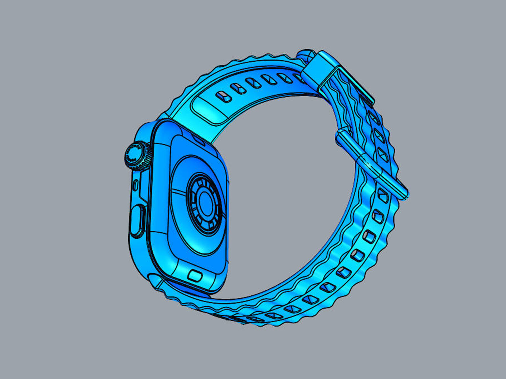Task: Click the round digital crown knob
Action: point(137,156)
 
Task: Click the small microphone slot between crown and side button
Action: point(135,185)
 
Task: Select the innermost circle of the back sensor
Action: point(205,203)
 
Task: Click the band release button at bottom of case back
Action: point(195,276)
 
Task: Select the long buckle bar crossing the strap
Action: point(372,163)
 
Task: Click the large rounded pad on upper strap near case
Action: point(208,111)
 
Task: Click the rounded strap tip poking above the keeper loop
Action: point(306,54)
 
